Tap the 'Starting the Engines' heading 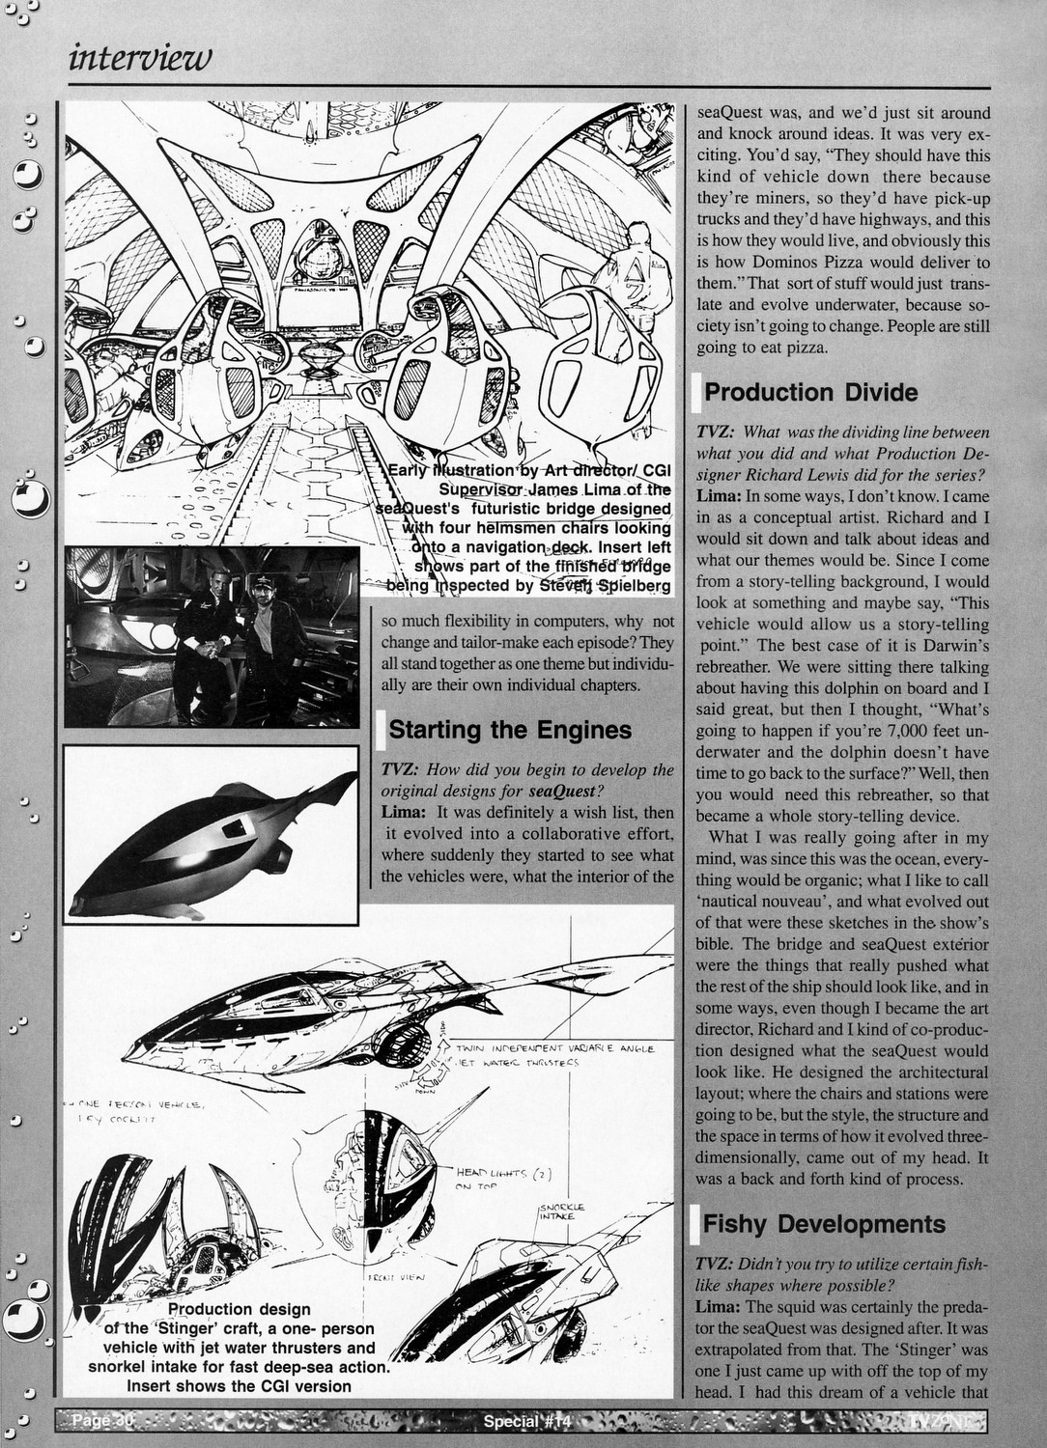coord(509,730)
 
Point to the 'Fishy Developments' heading coord(823,1224)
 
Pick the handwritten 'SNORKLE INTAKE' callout coord(560,1211)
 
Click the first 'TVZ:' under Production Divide coord(716,432)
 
